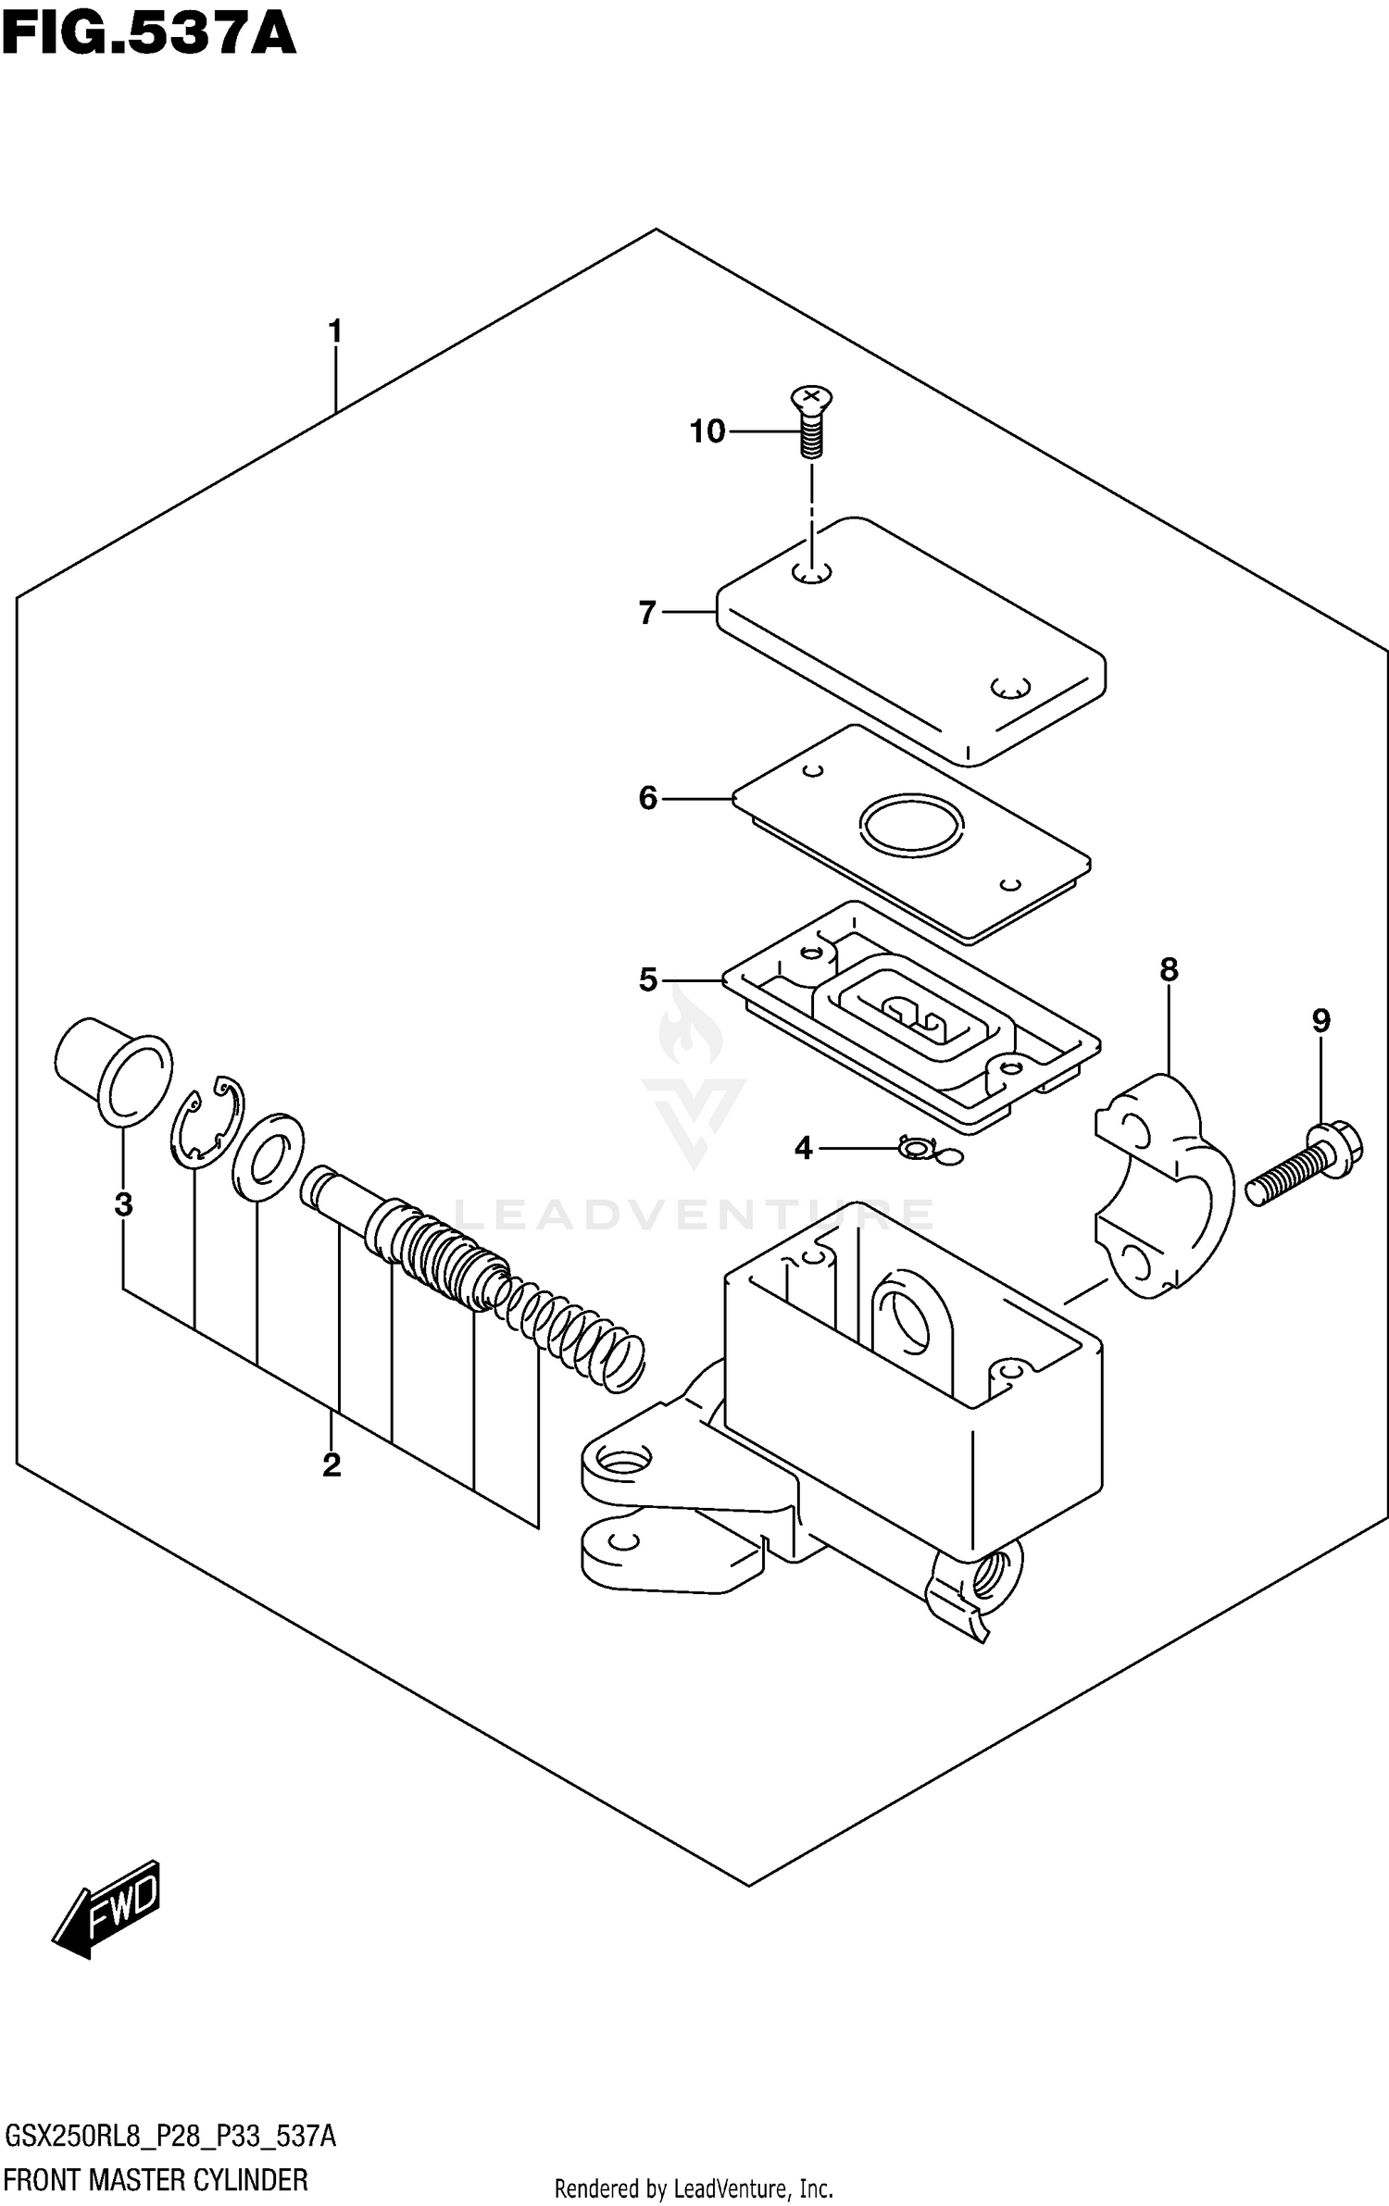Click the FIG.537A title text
pos(148,34)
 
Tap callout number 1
pos(335,331)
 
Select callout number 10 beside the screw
pos(707,431)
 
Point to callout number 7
pos(647,613)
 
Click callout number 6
pos(647,798)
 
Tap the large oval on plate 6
pos(911,823)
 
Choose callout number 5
pos(647,979)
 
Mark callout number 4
pos(803,1149)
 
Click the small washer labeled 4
pos(918,1149)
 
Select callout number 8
pos(1169,970)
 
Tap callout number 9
pos(1320,1021)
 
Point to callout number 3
pos(123,1204)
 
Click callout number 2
pos(331,1465)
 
